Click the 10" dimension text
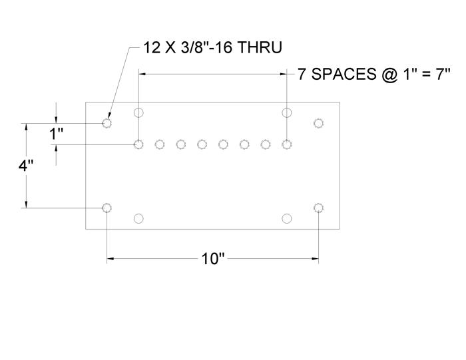point(213,259)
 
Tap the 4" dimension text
point(26,166)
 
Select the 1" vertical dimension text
point(56,134)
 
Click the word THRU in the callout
point(260,47)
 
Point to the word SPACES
point(344,74)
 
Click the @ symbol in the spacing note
point(389,75)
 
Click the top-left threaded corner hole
point(107,123)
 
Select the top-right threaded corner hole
point(319,123)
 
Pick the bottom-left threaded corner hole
point(107,208)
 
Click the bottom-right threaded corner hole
point(319,208)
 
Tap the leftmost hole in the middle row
point(138,144)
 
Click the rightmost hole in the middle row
point(286,144)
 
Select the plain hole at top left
point(138,113)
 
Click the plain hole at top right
point(286,113)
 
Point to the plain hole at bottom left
point(138,219)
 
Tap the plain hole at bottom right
point(286,219)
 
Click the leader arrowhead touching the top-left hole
point(109,116)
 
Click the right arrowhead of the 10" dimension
point(315,259)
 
